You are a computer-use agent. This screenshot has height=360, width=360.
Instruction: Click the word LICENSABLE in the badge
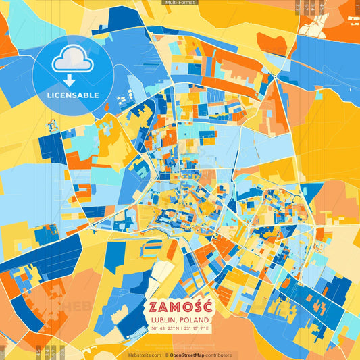[72, 95]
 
